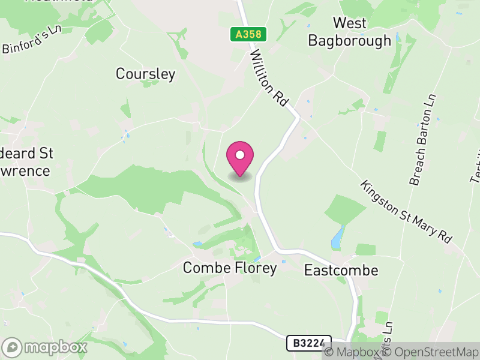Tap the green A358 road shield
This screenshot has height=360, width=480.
(248, 34)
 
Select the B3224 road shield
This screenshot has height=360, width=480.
(308, 343)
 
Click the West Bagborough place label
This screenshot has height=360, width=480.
(349, 32)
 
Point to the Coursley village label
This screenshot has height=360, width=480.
(146, 74)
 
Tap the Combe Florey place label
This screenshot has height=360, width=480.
(230, 268)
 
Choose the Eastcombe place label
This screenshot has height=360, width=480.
(341, 270)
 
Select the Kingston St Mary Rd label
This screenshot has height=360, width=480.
(406, 211)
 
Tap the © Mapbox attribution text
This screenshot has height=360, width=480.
(356, 352)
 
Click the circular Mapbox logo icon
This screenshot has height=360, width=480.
(13, 347)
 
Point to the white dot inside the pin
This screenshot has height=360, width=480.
(240, 155)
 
